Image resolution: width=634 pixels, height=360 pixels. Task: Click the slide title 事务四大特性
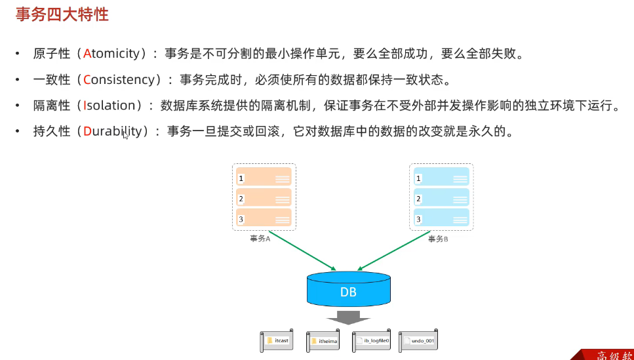coord(62,14)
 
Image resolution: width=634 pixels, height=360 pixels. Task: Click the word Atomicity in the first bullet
coord(113,54)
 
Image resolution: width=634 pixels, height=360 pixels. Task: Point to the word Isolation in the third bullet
coord(109,106)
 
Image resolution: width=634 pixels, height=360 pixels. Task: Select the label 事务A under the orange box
coord(260,239)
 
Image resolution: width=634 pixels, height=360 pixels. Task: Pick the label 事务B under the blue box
coord(438,239)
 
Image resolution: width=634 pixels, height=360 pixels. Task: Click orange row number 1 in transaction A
coord(241,178)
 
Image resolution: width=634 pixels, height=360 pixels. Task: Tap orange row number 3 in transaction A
coord(241,219)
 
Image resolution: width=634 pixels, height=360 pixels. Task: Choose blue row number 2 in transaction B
coord(418,199)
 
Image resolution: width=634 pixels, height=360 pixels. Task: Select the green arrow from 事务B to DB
coord(393,252)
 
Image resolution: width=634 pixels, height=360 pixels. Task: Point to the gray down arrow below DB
coord(348,317)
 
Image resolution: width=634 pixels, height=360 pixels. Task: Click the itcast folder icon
coord(269,341)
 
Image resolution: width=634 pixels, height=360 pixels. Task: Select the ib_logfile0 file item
coord(372,341)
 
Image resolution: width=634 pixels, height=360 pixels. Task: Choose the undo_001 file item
coord(418,341)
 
